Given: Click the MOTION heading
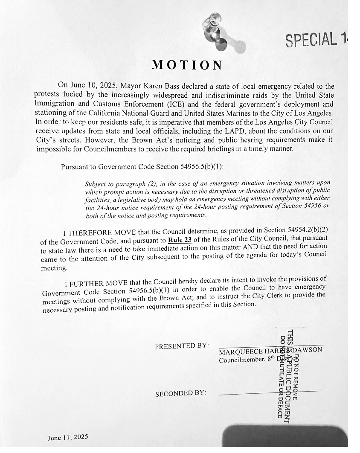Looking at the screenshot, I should click(x=187, y=65).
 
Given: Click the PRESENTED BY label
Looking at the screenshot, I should click(x=182, y=346).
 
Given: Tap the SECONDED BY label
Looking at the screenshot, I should click(x=180, y=393).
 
